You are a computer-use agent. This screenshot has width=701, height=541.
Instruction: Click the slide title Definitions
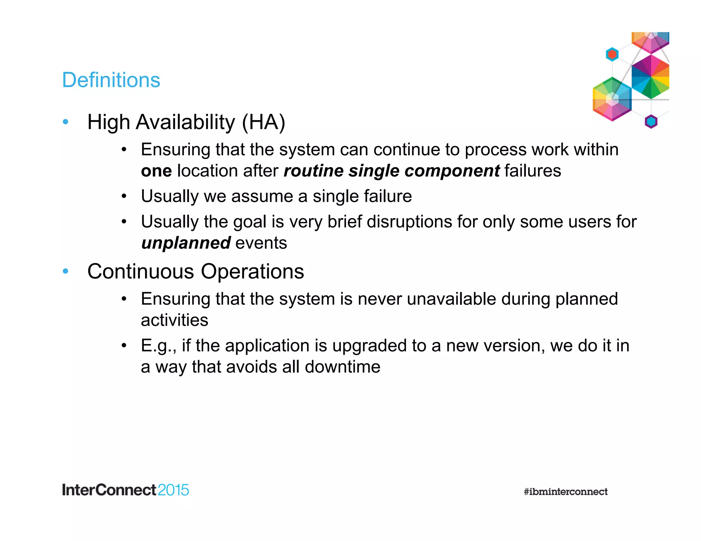111,80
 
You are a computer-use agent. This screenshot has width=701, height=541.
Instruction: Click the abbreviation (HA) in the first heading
263,122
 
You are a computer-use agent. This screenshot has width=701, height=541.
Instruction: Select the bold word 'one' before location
156,171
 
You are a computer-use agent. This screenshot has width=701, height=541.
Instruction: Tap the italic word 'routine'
314,171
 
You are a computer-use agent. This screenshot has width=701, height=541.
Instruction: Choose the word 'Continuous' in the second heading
141,272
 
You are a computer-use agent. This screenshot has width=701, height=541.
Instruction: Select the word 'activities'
174,320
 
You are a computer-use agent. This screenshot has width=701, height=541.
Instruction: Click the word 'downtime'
342,367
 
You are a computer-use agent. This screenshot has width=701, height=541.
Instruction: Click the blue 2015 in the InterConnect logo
173,490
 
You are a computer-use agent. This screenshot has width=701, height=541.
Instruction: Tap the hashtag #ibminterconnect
565,492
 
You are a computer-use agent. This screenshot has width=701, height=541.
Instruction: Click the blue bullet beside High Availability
66,122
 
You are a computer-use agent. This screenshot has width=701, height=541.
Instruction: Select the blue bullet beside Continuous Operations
66,272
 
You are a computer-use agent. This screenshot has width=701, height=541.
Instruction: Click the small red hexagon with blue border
612,54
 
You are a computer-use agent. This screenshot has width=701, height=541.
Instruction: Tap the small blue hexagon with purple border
651,121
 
